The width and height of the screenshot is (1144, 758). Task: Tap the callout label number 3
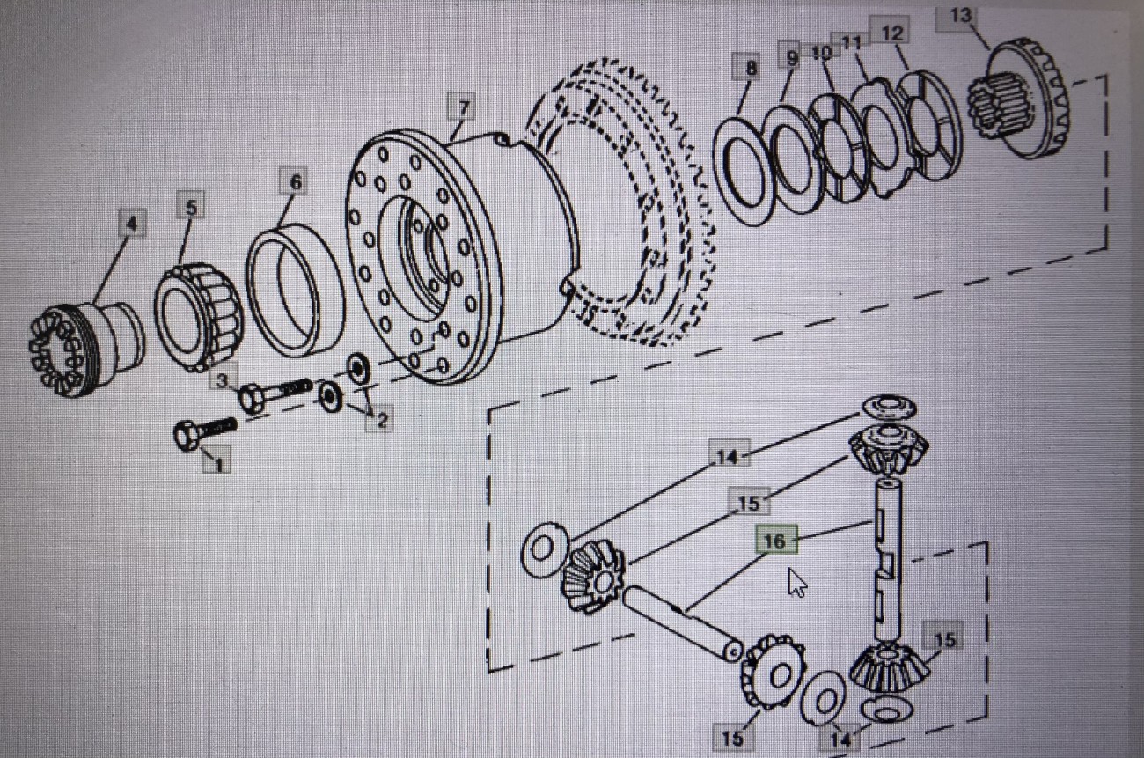point(224,380)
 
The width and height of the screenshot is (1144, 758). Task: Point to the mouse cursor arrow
point(796,582)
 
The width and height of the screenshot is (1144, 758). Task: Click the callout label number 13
point(961,16)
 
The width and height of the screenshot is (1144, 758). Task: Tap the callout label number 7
point(462,108)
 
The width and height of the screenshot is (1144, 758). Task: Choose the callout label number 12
point(891,33)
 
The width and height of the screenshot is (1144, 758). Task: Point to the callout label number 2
point(381,420)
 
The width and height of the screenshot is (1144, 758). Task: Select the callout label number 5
point(190,208)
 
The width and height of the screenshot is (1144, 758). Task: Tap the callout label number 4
point(131,224)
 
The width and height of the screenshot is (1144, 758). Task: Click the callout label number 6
point(295,182)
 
